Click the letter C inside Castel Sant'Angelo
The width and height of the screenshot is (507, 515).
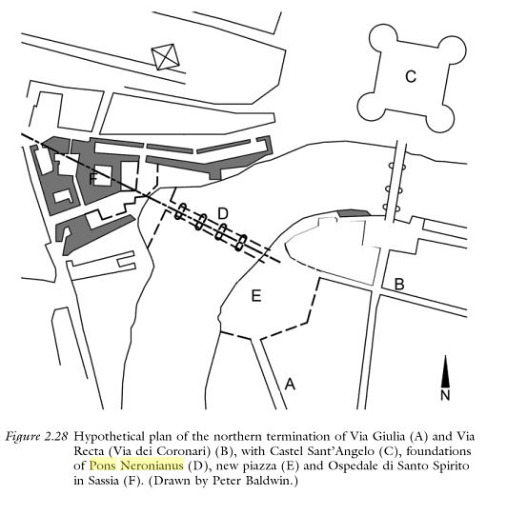[411, 76]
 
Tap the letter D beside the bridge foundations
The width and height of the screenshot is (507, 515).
[223, 213]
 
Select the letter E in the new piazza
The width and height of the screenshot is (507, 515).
[256, 296]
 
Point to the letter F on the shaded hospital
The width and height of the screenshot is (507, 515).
[93, 179]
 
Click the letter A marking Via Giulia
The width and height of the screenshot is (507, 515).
[290, 384]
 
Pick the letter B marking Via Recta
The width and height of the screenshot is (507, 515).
[399, 284]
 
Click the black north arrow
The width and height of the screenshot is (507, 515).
[445, 371]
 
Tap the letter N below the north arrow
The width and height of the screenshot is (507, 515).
[445, 395]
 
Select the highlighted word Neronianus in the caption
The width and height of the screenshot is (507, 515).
[152, 465]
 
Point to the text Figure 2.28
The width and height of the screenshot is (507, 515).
[36, 437]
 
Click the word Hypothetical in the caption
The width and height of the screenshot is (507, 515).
[110, 437]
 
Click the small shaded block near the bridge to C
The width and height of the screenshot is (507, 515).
[355, 213]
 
